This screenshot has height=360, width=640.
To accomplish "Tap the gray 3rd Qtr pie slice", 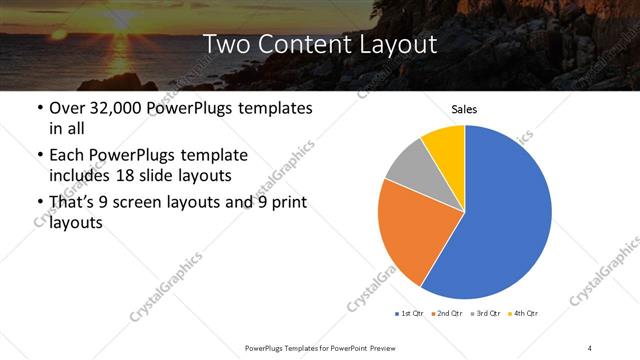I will tap(408, 165).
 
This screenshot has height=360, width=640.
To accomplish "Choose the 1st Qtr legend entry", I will tap(410, 314).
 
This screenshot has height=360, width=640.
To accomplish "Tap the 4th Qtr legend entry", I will tap(525, 314).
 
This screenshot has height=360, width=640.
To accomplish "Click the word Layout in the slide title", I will tap(389, 44).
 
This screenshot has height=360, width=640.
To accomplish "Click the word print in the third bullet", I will tap(283, 203).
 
